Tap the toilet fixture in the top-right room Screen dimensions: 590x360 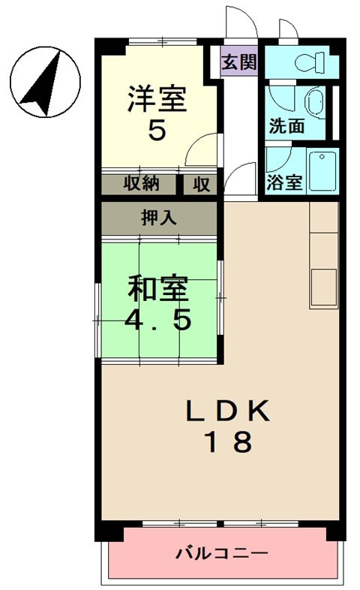tap(307, 62)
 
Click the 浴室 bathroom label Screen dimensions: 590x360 tap(284, 182)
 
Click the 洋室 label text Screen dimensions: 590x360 tap(157, 100)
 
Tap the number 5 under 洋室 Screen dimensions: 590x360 tap(157, 131)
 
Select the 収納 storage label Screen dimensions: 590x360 tap(140, 182)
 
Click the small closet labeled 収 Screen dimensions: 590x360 tap(201, 182)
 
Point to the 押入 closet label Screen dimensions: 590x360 tap(159, 218)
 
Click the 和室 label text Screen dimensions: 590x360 tap(157, 287)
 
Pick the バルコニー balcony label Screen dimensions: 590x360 tap(222, 554)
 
